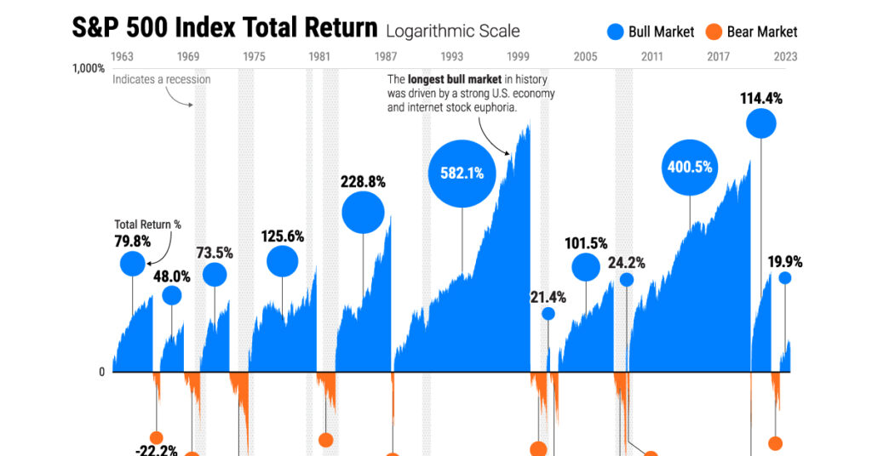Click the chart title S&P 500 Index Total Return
click(x=224, y=28)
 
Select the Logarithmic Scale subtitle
click(x=452, y=31)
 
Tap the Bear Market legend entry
click(x=751, y=32)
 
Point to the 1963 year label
click(x=122, y=57)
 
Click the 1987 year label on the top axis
click(x=386, y=57)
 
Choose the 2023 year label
click(x=785, y=57)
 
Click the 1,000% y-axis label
click(x=88, y=69)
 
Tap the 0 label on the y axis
click(x=101, y=372)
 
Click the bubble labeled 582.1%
click(x=462, y=173)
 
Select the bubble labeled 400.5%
click(x=689, y=167)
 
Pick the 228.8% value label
click(x=363, y=181)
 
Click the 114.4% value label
click(x=761, y=99)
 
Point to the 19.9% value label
click(x=784, y=261)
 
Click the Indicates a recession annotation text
click(x=162, y=80)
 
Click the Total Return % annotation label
click(x=147, y=225)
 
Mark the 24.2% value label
click(x=626, y=263)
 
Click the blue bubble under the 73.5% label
click(x=215, y=275)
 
